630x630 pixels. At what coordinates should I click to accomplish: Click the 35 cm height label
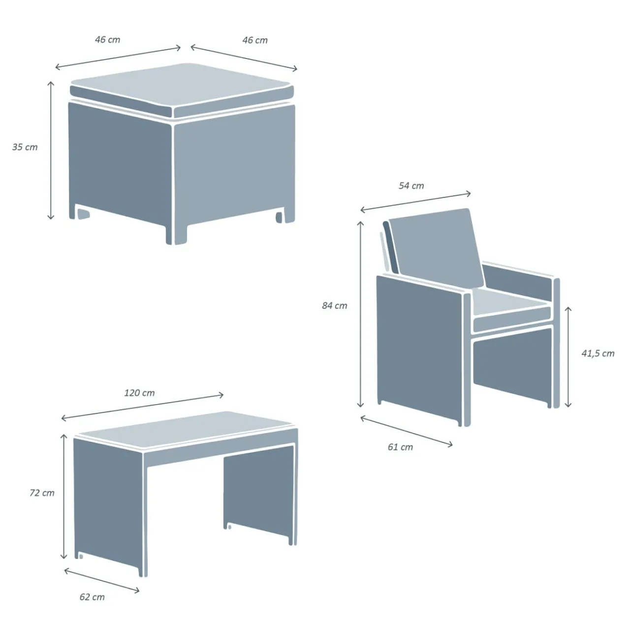click(25, 147)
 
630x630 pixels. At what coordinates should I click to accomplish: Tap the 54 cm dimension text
click(411, 186)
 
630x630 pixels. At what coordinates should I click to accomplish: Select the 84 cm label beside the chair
click(335, 305)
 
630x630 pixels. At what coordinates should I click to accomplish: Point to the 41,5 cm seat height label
click(598, 353)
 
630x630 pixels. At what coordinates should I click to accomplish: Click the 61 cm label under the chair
click(400, 447)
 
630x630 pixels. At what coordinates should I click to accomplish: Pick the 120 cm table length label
click(139, 393)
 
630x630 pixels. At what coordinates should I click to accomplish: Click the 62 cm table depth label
click(92, 597)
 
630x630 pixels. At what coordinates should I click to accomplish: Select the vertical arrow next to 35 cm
click(50, 150)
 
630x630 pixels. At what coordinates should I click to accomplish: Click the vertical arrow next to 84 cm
click(360, 314)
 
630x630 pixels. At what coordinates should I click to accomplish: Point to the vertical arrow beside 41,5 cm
click(568, 357)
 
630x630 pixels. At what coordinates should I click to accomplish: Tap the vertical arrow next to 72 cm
click(64, 497)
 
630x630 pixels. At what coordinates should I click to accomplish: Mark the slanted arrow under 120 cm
click(143, 407)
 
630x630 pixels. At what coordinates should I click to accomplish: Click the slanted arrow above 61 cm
click(407, 431)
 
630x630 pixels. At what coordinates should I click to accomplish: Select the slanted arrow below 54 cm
click(415, 201)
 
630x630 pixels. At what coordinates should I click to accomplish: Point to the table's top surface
click(186, 429)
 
